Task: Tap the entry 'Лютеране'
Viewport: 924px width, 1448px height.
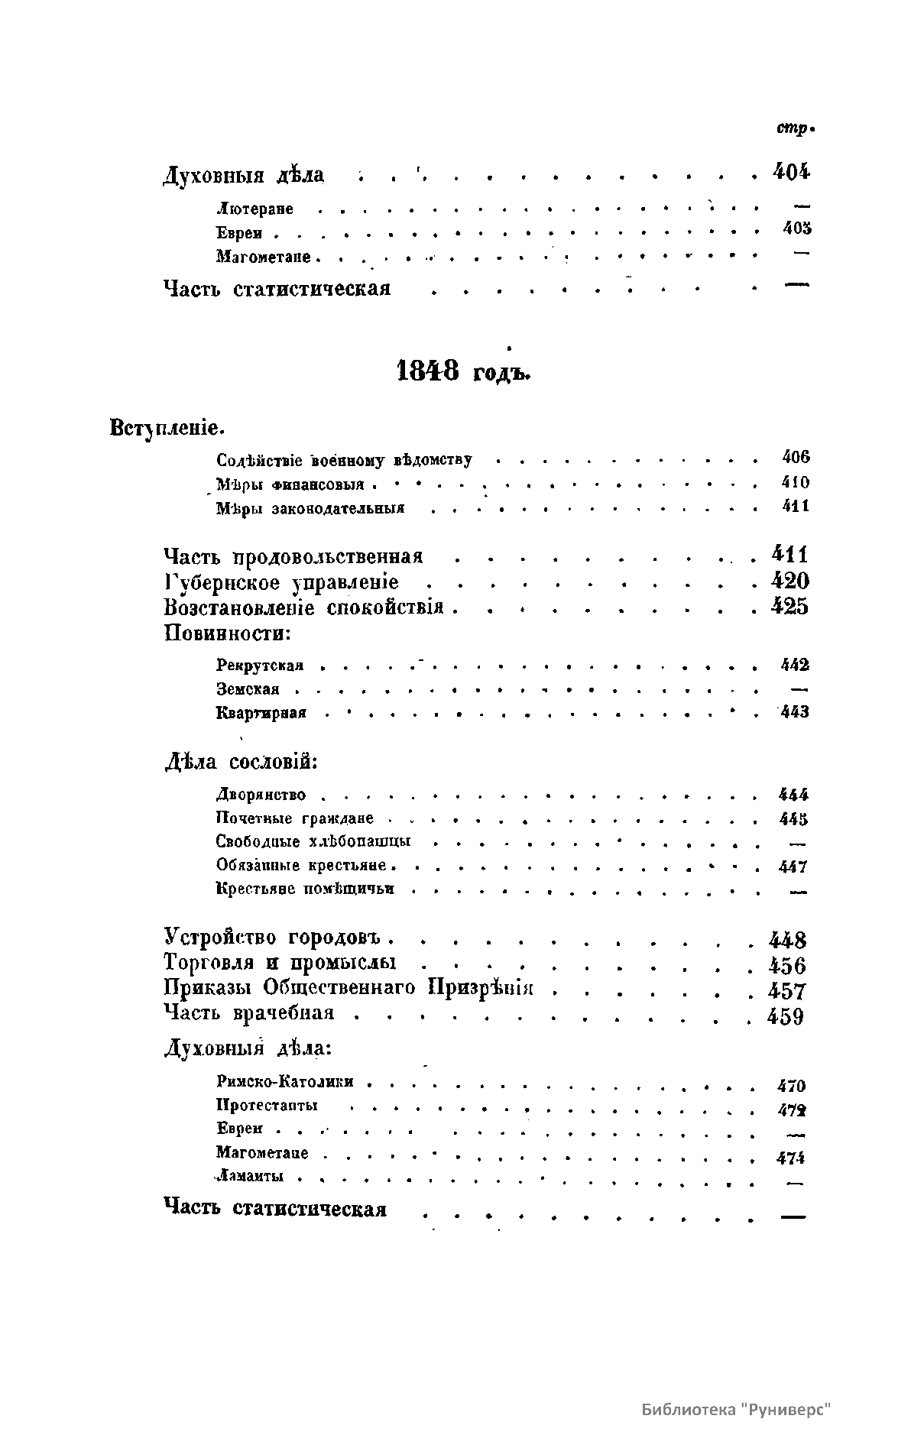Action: [x=255, y=209]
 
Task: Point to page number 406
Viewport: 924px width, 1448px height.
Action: [x=796, y=458]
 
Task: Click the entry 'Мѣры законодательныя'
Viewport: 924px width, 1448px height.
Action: [x=310, y=508]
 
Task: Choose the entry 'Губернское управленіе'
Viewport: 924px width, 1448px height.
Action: [x=281, y=583]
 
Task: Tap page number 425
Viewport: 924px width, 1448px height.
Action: [x=789, y=607]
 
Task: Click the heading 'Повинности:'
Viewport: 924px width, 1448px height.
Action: [x=228, y=633]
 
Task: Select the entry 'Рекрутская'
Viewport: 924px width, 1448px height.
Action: [x=260, y=666]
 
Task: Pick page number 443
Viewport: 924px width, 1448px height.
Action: [x=795, y=713]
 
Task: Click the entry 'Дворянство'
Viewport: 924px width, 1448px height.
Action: [x=261, y=795]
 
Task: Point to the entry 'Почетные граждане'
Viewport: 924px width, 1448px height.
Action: [x=295, y=818]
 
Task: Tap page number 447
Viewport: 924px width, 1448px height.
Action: [x=793, y=867]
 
